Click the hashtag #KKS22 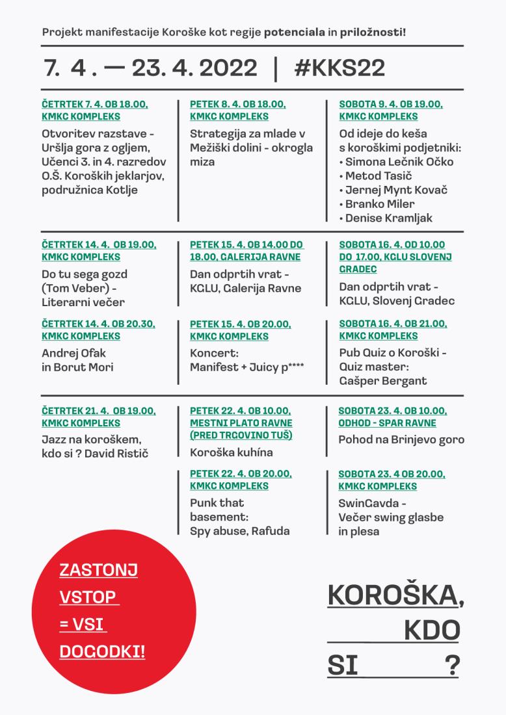tap(339, 68)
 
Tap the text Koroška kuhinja tap(231, 452)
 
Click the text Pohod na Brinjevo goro tap(401, 439)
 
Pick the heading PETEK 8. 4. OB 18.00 tap(238, 104)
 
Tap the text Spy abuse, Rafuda tap(239, 531)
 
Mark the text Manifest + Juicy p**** tap(247, 367)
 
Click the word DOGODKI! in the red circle tap(102, 651)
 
